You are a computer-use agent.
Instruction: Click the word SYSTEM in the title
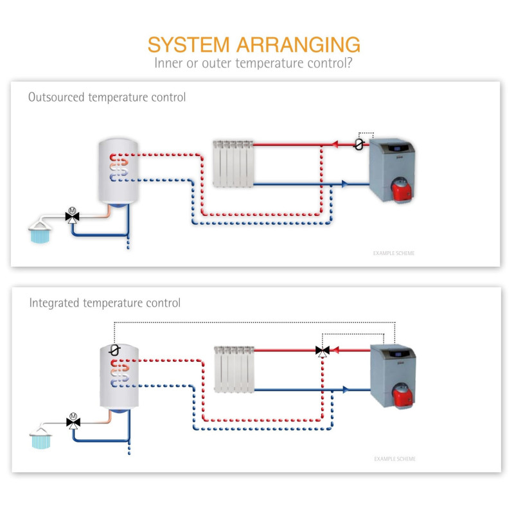point(188,45)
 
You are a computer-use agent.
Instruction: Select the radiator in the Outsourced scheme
point(233,164)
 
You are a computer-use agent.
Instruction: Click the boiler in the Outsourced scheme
point(393,167)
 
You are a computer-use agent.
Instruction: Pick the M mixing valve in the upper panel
point(72,215)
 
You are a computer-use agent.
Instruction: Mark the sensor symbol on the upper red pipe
point(359,145)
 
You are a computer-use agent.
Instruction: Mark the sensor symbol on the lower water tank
point(114,350)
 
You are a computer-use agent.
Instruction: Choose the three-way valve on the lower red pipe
point(322,351)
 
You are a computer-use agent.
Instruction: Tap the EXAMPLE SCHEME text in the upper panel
point(394,253)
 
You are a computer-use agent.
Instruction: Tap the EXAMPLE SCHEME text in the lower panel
point(394,459)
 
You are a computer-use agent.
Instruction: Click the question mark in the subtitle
point(356,63)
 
